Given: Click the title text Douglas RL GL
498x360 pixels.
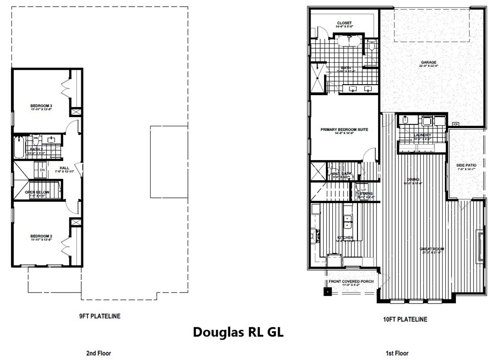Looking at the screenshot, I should click(x=238, y=332).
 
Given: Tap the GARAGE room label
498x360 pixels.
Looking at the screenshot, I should click(x=428, y=62).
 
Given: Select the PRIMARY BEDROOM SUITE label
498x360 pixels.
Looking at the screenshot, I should click(x=345, y=130).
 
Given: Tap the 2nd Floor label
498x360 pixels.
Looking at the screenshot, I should click(x=98, y=353).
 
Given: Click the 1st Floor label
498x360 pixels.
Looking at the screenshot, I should click(x=397, y=353).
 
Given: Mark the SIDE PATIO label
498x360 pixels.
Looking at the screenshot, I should click(x=466, y=165).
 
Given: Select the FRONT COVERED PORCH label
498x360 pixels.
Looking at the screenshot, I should click(x=351, y=281).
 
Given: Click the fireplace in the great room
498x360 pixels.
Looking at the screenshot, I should click(x=479, y=245).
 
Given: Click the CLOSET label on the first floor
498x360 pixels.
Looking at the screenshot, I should click(x=344, y=23).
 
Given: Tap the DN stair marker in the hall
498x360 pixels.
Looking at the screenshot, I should click(x=42, y=170).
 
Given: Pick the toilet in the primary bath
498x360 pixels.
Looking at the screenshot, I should click(x=371, y=46).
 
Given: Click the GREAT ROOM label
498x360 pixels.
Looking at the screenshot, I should click(x=432, y=249).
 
